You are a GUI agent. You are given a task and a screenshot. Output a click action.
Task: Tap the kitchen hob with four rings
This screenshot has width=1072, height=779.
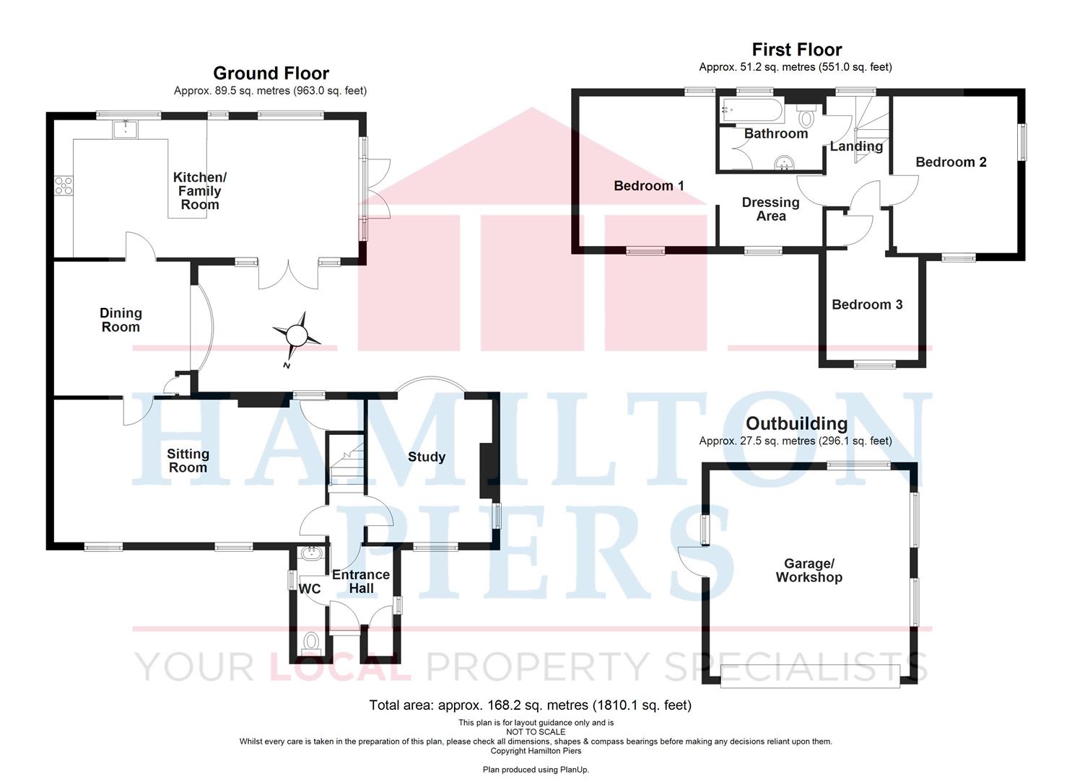click(x=64, y=185)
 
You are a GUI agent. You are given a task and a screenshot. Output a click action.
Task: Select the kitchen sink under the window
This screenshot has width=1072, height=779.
click(x=125, y=129)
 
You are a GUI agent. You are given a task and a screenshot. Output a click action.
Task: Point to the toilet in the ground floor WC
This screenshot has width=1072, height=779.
click(x=311, y=641)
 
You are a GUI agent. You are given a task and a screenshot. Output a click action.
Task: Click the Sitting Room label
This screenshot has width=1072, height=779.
click(x=188, y=460)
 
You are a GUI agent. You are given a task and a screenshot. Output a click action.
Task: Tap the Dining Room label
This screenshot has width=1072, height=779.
click(x=121, y=320)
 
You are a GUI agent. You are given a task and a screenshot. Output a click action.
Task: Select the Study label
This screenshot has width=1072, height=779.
click(x=427, y=457)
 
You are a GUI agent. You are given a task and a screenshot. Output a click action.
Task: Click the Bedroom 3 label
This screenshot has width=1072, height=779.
click(x=867, y=304)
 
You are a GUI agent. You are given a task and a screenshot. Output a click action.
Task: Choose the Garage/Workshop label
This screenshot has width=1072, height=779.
click(x=809, y=571)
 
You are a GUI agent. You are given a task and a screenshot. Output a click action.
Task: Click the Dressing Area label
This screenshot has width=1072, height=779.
click(x=770, y=209)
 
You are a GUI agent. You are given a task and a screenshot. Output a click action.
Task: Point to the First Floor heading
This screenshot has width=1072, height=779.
click(x=797, y=50)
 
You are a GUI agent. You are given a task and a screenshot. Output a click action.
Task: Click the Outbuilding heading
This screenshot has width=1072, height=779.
click(x=796, y=423)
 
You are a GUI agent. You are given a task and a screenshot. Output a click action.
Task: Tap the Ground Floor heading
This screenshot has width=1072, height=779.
click(x=271, y=73)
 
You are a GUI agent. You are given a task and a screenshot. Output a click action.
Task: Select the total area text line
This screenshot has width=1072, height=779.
click(x=531, y=705)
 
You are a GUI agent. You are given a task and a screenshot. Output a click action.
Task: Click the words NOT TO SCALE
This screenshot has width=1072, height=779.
click(x=536, y=731)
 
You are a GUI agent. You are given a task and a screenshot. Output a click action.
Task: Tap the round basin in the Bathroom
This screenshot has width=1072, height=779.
click(x=784, y=162)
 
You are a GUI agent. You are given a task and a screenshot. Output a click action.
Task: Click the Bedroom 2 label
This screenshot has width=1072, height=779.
click(x=951, y=162)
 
